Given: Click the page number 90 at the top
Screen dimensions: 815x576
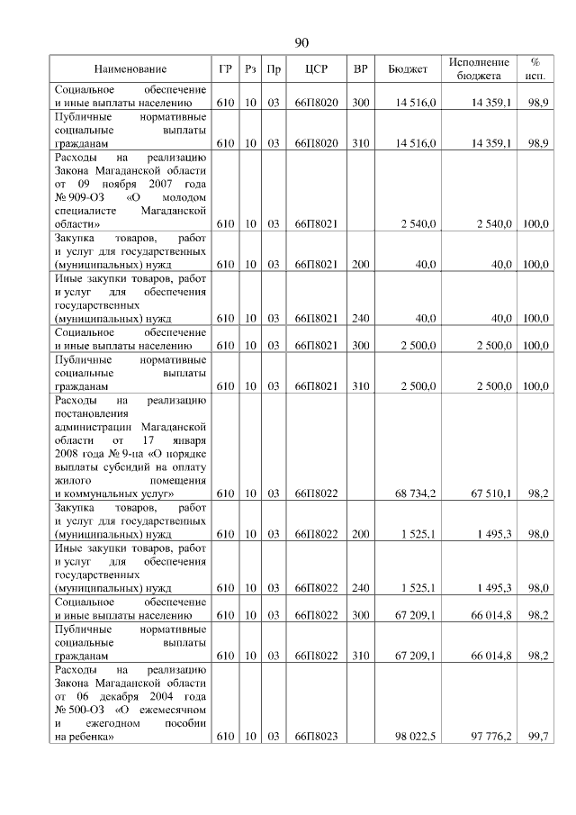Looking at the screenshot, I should tap(301, 43).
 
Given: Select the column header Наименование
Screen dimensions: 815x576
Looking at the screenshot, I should tap(130, 69).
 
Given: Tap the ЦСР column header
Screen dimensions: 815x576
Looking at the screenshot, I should tap(315, 69).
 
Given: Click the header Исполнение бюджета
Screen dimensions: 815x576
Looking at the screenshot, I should tap(478, 69).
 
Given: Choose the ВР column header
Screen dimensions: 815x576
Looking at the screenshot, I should tap(361, 69).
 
